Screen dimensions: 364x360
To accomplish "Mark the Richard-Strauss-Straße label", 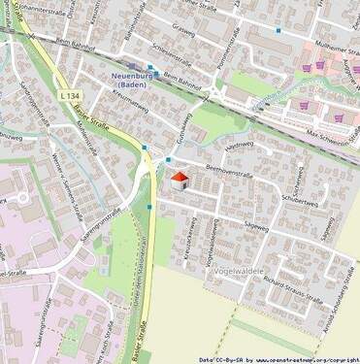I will [x=286, y=281].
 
